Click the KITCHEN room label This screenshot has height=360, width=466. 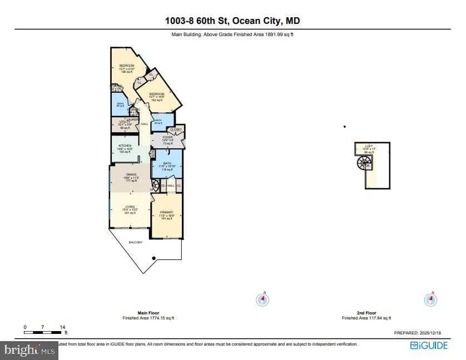pos(124,146)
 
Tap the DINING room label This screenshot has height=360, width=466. pos(131,174)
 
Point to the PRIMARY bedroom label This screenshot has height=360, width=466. pos(167,212)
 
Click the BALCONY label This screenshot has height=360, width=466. pos(136,242)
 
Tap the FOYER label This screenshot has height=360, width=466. pos(167,137)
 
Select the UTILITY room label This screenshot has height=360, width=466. pos(124,122)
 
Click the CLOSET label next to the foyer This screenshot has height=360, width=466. pos(176,129)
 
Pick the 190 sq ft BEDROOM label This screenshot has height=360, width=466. pos(127,66)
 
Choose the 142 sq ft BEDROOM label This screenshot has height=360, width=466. pos(156,94)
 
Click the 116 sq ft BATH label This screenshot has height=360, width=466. pos(167,163)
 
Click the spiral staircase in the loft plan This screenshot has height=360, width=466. pos(365,163)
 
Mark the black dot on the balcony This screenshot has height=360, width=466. pos(153,258)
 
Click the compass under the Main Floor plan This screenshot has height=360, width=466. pos(262,299)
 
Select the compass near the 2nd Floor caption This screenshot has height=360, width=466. pos(430,299)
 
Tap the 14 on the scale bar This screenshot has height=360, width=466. pos(62,327)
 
